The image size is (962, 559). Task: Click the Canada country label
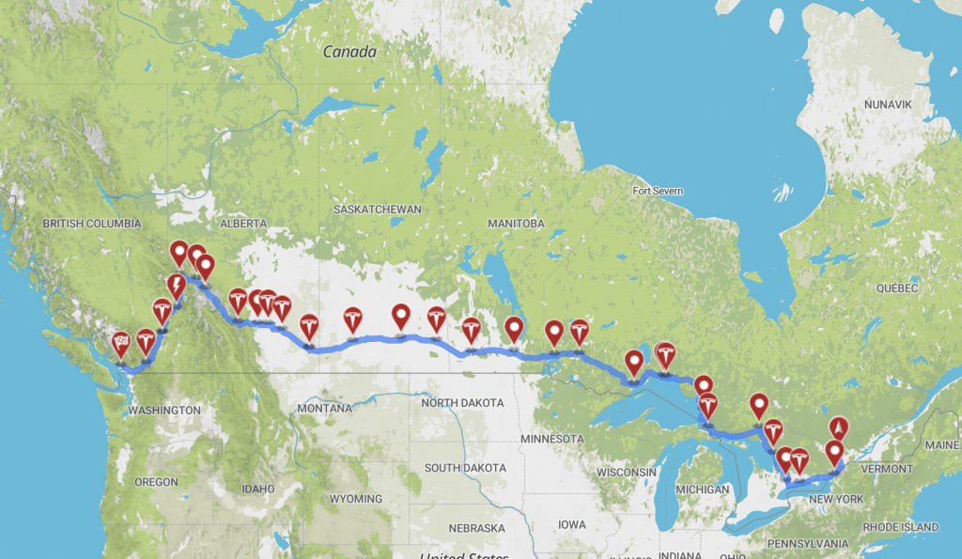click(x=349, y=52)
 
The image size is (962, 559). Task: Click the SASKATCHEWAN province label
click(x=378, y=209)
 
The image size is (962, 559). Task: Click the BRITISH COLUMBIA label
click(x=92, y=224)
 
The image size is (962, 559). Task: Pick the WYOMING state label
click(x=356, y=498)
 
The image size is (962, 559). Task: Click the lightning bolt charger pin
click(x=176, y=285)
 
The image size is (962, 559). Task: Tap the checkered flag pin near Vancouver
click(x=121, y=344)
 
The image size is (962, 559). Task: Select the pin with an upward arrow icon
click(x=836, y=427)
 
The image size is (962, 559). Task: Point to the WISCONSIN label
click(x=625, y=472)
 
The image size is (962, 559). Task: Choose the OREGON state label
click(x=156, y=482)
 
